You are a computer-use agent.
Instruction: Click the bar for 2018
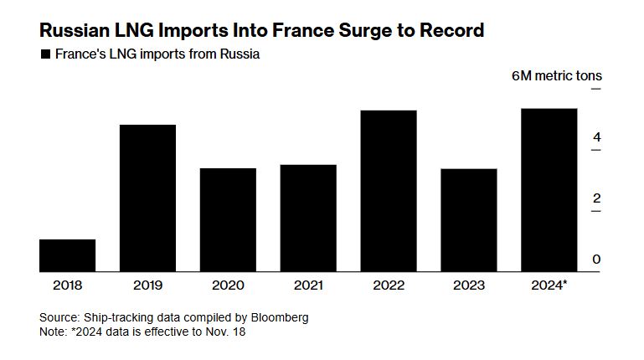tap(67, 255)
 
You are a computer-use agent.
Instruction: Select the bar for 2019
tap(147, 198)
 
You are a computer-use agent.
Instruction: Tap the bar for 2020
tap(228, 220)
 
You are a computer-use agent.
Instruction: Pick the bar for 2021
tap(308, 219)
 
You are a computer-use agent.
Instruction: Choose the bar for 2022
tap(389, 191)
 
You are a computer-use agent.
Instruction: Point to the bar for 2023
tap(469, 220)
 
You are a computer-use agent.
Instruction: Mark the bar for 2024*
tap(549, 190)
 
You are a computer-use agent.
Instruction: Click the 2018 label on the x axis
tap(67, 285)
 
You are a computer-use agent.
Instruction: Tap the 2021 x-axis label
tap(308, 285)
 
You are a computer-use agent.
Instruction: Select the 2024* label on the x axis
tap(549, 285)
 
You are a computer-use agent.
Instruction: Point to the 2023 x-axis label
tap(469, 285)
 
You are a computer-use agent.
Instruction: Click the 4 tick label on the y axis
tap(596, 137)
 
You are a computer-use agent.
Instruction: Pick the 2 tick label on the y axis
tap(596, 198)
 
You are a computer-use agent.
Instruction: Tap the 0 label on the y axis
tap(596, 260)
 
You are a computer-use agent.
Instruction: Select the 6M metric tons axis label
tap(556, 76)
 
